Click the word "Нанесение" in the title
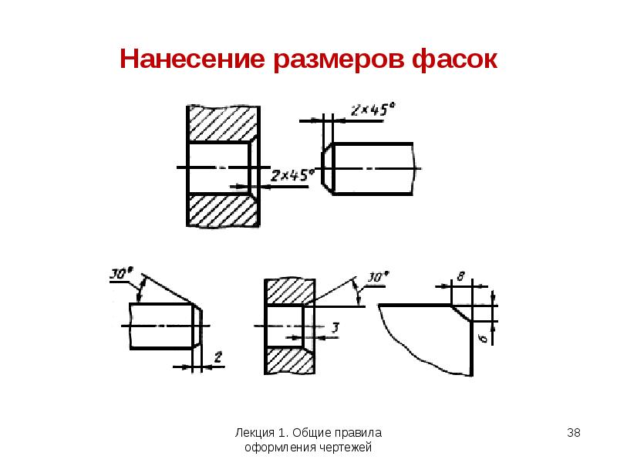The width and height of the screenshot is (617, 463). click(x=192, y=59)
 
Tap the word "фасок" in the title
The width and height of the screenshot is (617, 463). click(x=455, y=60)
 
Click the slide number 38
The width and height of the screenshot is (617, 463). click(x=574, y=433)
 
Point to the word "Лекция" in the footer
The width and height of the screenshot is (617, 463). click(x=255, y=433)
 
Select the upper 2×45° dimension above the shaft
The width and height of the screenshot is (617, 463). click(x=373, y=110)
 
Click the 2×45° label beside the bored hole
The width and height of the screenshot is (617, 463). click(x=292, y=176)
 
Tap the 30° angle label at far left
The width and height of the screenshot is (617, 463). click(x=121, y=273)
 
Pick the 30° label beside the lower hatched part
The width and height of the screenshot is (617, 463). click(x=378, y=278)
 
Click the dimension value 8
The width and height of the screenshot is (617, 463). click(x=460, y=276)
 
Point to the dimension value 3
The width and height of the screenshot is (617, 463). click(x=335, y=327)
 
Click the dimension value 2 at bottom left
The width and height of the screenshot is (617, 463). click(x=218, y=357)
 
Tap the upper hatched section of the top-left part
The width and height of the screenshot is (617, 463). click(x=223, y=124)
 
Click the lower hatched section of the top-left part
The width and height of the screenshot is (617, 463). click(x=223, y=210)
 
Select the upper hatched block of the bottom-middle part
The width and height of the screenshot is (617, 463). click(x=290, y=292)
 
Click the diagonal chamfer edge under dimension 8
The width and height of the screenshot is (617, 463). click(x=461, y=313)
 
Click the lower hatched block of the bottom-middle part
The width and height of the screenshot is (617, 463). click(x=290, y=360)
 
